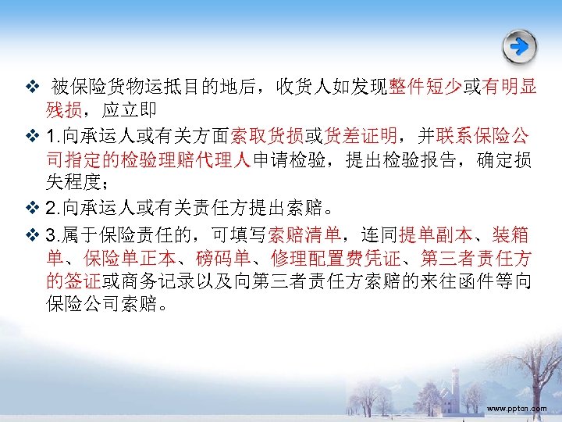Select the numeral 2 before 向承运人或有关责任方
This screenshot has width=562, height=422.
click(x=52, y=209)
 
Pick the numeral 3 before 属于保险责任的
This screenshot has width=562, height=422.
click(x=52, y=234)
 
